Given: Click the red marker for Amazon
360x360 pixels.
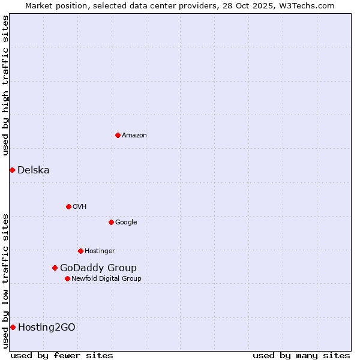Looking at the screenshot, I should [118, 135].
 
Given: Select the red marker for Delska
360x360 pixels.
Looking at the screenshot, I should [12, 170].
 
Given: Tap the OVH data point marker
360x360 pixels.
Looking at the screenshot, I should [68, 206].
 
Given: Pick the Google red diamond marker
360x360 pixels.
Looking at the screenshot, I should [111, 222].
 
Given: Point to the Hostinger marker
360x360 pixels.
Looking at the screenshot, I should [80, 251].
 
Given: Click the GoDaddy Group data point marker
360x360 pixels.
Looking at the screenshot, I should [55, 268].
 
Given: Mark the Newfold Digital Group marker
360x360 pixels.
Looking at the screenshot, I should [67, 278].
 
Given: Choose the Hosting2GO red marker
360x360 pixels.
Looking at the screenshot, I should [13, 327].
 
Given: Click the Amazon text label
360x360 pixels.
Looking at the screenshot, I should [134, 136].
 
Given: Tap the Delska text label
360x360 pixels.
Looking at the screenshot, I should [34, 170].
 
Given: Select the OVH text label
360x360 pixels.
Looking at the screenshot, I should [80, 207].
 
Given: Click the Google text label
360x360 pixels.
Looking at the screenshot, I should [126, 223].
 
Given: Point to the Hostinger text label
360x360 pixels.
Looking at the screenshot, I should [100, 251].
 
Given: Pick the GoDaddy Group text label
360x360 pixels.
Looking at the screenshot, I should [98, 268].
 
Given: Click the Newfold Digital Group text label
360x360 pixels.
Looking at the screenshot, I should [106, 279].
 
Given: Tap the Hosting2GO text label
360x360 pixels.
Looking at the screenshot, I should [47, 328].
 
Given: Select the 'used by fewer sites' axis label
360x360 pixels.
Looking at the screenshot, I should [62, 355].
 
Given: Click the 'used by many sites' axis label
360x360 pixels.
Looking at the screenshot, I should [301, 355].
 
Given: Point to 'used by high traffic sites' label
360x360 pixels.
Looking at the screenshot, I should [5, 85].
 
